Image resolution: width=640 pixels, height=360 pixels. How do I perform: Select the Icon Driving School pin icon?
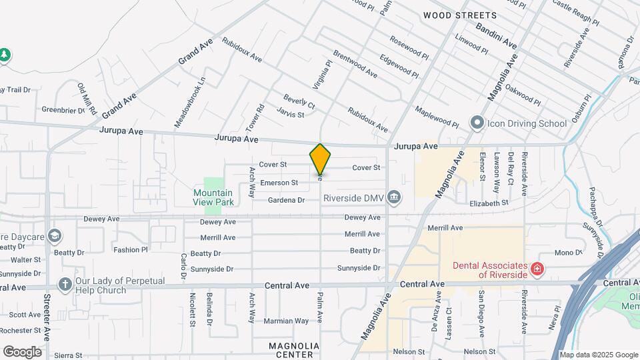point(477,123)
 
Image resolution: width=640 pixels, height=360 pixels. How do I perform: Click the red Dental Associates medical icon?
point(537,269)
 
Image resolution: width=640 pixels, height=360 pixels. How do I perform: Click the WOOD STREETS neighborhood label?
point(460,15)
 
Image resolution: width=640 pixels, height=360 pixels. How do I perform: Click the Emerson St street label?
point(279,183)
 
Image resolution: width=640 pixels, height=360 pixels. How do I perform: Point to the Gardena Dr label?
point(286,200)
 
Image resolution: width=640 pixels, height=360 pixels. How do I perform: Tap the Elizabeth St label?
point(489,203)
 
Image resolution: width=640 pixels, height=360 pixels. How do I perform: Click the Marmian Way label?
point(287,321)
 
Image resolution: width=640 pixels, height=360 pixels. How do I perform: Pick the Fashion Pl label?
point(130,250)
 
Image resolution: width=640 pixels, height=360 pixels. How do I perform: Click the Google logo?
point(22,352)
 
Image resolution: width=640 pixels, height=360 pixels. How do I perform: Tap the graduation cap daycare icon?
point(54,236)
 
